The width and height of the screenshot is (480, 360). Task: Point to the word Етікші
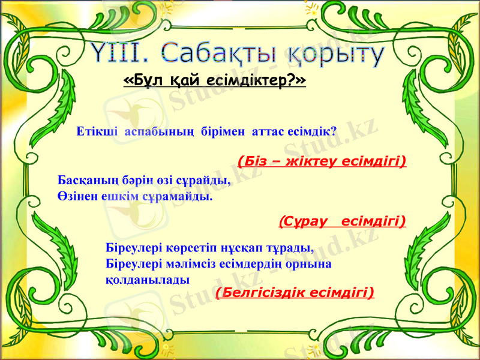(98, 131)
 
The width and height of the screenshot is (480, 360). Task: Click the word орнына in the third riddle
(310, 263)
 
